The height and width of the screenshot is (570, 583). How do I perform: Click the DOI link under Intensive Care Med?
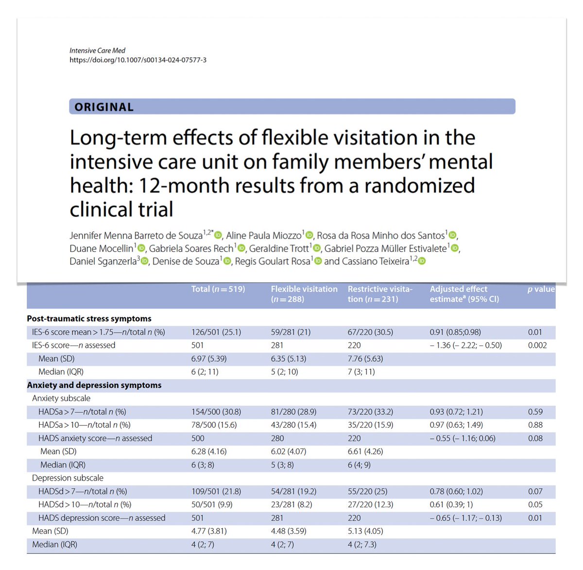(137, 60)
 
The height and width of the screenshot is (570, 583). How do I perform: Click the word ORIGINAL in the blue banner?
(104, 107)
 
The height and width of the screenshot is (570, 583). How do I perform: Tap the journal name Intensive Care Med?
(97, 51)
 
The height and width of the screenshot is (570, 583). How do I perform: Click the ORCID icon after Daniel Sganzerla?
(144, 261)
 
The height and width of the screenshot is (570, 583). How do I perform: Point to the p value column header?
(541, 289)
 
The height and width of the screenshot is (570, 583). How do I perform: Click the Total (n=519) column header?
(218, 289)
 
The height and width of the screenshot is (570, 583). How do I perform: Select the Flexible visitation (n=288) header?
(304, 294)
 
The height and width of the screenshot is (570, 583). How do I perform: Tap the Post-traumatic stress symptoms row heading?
(89, 319)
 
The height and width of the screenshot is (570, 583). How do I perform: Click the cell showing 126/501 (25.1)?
(216, 332)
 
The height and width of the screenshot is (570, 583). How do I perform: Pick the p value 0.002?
(537, 345)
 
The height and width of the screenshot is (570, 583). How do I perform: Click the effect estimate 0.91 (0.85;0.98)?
(455, 332)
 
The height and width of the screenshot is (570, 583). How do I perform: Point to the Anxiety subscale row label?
(61, 398)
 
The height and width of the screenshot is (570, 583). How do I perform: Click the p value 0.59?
(535, 412)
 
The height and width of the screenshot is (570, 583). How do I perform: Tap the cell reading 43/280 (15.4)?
(293, 425)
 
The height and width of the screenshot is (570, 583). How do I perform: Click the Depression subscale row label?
(68, 478)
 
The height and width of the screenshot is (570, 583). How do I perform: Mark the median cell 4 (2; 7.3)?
(362, 545)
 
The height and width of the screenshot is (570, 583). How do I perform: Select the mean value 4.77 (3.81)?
(209, 532)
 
